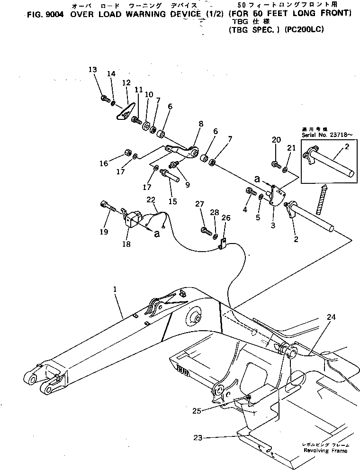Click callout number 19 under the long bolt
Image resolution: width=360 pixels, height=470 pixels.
(104, 232)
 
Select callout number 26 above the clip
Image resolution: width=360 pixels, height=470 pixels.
(226, 217)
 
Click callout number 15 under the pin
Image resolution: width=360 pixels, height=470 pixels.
(172, 201)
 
